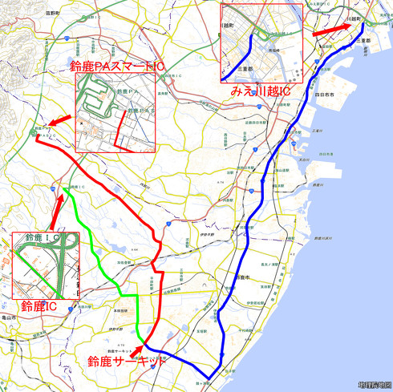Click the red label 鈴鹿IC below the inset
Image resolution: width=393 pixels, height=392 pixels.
click(x=38, y=305)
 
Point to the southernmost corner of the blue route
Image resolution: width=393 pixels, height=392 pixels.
click(x=209, y=378)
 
